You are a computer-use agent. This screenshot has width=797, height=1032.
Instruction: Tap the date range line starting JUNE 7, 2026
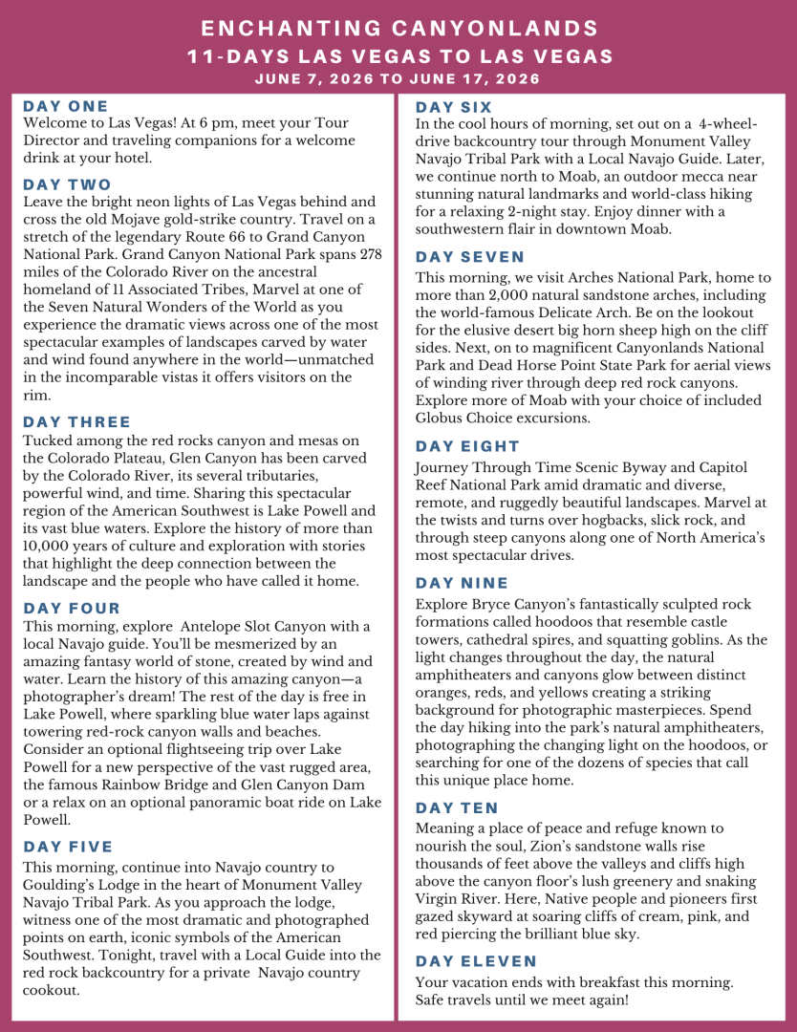[x=398, y=78]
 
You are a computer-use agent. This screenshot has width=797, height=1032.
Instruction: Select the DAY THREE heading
[x=77, y=421]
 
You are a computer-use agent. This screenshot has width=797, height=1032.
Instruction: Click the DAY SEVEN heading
[x=470, y=257]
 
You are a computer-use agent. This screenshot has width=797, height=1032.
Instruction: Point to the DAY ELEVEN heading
[x=476, y=961]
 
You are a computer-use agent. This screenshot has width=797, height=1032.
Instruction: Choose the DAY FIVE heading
[x=68, y=847]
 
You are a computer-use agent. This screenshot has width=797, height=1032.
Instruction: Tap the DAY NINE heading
[x=462, y=583]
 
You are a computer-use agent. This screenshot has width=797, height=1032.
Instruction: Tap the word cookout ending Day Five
[x=50, y=990]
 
